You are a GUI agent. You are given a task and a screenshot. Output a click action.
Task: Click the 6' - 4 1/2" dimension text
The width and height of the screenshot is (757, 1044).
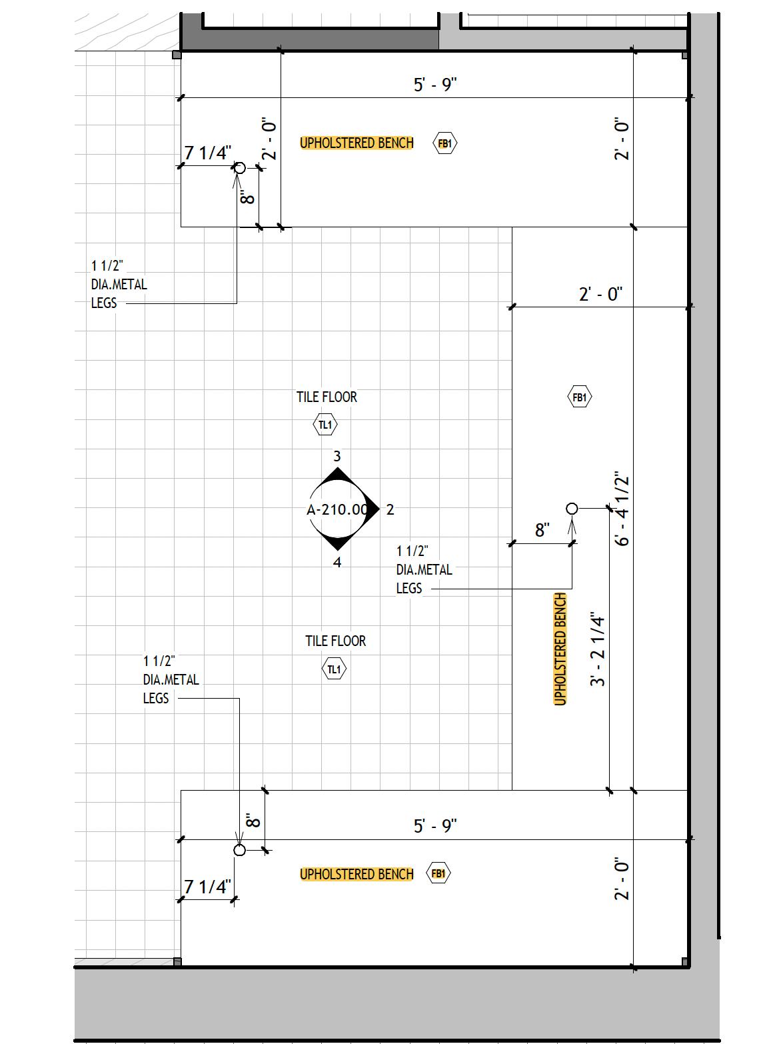(x=621, y=509)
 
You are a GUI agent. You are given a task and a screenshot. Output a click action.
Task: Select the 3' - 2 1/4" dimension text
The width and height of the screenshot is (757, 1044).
(x=597, y=650)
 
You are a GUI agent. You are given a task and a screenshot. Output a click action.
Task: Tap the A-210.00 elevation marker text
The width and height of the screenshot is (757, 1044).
(x=337, y=510)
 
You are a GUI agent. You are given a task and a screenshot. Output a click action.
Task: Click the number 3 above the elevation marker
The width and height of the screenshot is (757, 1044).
(x=337, y=457)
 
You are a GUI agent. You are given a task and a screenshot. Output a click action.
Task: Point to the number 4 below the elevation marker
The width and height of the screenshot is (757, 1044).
(x=337, y=563)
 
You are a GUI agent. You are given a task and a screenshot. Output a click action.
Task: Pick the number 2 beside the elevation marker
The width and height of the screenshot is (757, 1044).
(x=390, y=510)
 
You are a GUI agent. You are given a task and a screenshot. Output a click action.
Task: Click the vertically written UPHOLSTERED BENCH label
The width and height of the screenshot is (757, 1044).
(x=560, y=649)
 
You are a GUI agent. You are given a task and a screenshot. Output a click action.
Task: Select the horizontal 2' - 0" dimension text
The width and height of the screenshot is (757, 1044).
(x=600, y=294)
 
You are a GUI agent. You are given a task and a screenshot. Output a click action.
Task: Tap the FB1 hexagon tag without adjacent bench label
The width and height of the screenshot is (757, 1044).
(x=580, y=397)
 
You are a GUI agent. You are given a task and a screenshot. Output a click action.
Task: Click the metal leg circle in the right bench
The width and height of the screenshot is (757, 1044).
(x=572, y=509)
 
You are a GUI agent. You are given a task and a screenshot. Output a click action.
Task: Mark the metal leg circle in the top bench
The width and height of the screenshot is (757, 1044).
(x=240, y=168)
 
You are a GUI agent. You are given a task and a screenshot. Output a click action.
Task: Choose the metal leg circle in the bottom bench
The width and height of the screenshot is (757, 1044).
(x=240, y=850)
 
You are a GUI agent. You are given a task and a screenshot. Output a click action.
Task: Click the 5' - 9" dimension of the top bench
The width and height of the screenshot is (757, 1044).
(x=435, y=85)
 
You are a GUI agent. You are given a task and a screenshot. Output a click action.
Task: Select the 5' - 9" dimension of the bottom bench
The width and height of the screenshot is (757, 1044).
(x=435, y=826)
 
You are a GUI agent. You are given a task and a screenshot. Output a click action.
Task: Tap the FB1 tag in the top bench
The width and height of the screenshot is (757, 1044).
(x=445, y=143)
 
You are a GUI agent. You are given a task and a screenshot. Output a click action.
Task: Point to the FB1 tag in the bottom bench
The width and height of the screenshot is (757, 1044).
(x=438, y=873)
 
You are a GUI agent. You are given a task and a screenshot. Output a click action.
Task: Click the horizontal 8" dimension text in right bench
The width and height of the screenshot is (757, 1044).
(x=542, y=531)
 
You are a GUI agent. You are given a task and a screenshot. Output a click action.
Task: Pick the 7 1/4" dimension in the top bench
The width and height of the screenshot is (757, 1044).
(x=208, y=153)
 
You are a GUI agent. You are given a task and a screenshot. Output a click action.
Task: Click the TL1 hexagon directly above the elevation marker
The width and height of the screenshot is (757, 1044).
(x=325, y=425)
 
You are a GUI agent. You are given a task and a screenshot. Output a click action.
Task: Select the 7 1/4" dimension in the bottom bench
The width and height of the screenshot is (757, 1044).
(x=208, y=887)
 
